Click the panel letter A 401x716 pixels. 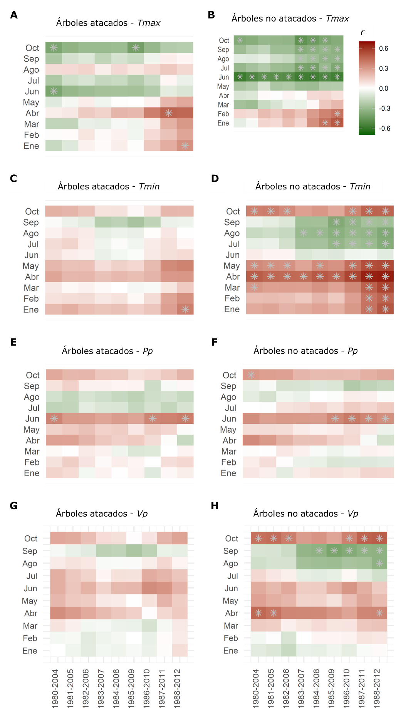[x=14, y=15]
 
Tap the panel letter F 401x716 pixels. [x=215, y=342]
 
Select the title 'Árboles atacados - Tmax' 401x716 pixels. [x=108, y=23]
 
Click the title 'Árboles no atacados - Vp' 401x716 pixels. [x=305, y=514]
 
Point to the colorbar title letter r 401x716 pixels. [x=362, y=33]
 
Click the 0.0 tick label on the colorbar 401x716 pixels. [x=384, y=89]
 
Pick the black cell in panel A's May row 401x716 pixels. [x=135, y=102]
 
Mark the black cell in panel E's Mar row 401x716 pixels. [x=169, y=451]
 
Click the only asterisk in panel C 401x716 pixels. [x=185, y=309]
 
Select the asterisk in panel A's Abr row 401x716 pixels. [x=168, y=113]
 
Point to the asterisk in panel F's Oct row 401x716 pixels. [x=251, y=375]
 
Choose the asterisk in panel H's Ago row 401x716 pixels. [x=379, y=563]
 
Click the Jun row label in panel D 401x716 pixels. [x=232, y=255]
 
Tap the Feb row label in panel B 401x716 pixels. [x=223, y=114]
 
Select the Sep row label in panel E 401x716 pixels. [x=32, y=386]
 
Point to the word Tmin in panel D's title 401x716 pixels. [x=360, y=186]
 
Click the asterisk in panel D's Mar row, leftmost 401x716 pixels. [x=254, y=287]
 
